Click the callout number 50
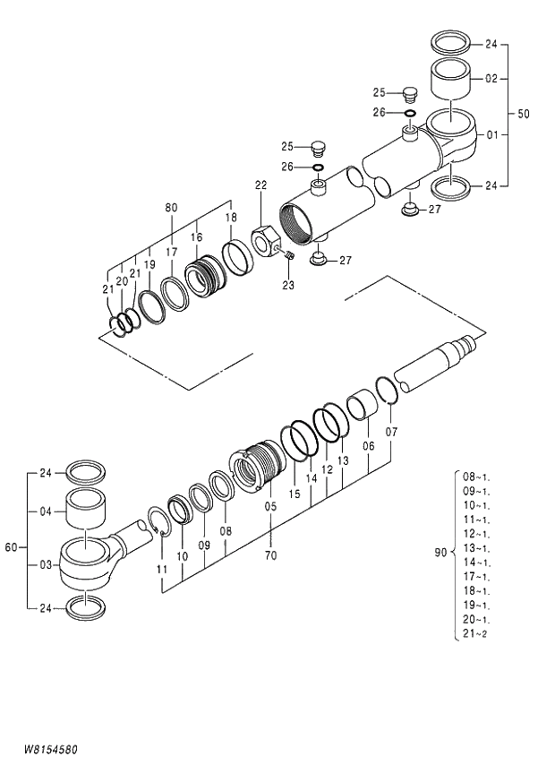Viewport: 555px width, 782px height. click(x=523, y=115)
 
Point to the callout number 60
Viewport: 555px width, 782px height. click(x=11, y=546)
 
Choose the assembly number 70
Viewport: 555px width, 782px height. click(x=270, y=555)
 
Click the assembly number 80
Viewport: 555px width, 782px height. click(x=171, y=208)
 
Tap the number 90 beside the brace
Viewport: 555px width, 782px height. click(x=440, y=553)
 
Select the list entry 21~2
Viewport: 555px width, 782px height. click(x=474, y=634)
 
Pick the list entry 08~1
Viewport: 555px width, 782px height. click(x=475, y=477)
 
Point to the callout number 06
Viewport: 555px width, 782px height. click(x=368, y=446)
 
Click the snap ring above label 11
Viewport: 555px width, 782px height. click(x=156, y=523)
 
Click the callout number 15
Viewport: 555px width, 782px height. click(x=295, y=494)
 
